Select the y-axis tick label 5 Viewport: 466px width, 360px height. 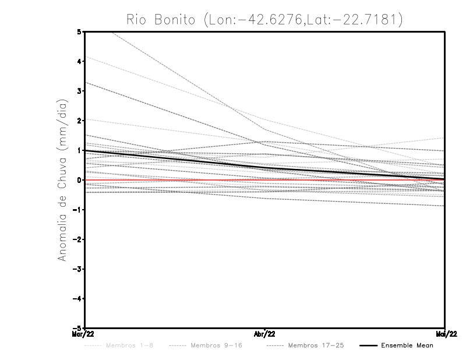click(79, 31)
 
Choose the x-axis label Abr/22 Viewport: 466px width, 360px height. click(265, 333)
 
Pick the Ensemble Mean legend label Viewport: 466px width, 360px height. click(407, 345)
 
